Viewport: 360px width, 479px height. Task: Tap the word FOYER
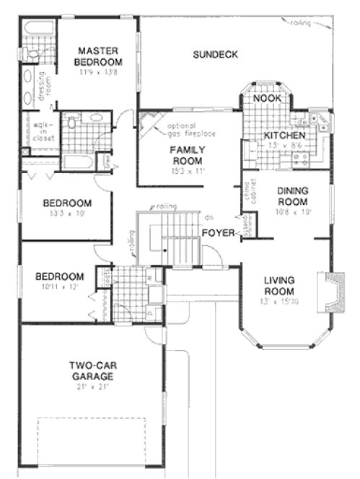(217, 232)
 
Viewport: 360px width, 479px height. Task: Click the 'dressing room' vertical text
(43, 84)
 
